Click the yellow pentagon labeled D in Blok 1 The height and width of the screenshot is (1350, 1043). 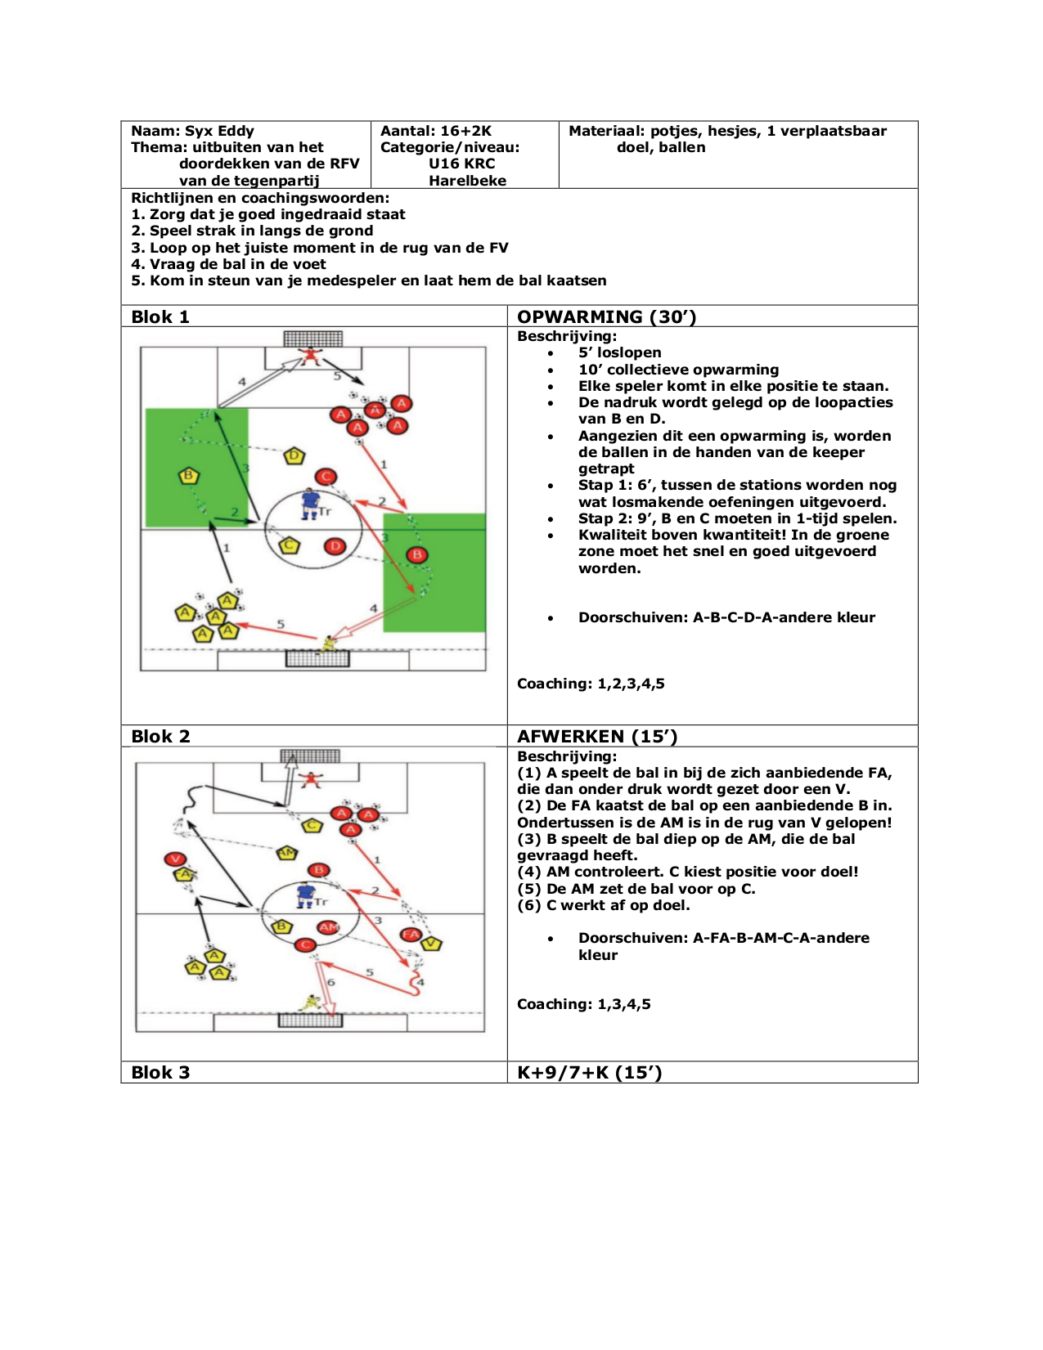point(294,456)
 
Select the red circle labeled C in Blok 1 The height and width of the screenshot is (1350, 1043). point(326,478)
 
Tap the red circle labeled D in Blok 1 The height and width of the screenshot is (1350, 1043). point(335,546)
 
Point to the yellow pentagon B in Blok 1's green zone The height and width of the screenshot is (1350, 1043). point(189,476)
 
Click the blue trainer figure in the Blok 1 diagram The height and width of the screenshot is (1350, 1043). point(310,503)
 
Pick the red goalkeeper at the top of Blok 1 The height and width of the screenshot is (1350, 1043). point(309,357)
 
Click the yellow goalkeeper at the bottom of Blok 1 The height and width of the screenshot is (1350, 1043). point(329,644)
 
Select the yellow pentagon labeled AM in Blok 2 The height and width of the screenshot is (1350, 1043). point(286,853)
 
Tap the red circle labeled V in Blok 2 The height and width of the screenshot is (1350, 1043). point(175,859)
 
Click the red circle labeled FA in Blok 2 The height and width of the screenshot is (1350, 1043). point(411,935)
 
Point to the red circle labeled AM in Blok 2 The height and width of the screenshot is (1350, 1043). point(329,927)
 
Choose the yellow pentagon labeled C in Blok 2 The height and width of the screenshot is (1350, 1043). point(312,825)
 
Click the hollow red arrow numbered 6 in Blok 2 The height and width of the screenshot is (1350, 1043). point(326,989)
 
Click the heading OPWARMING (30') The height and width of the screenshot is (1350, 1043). point(606,316)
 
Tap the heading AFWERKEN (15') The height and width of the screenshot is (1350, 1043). point(597,736)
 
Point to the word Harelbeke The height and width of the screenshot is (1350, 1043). point(467,181)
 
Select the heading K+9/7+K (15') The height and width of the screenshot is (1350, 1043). point(589,1072)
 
